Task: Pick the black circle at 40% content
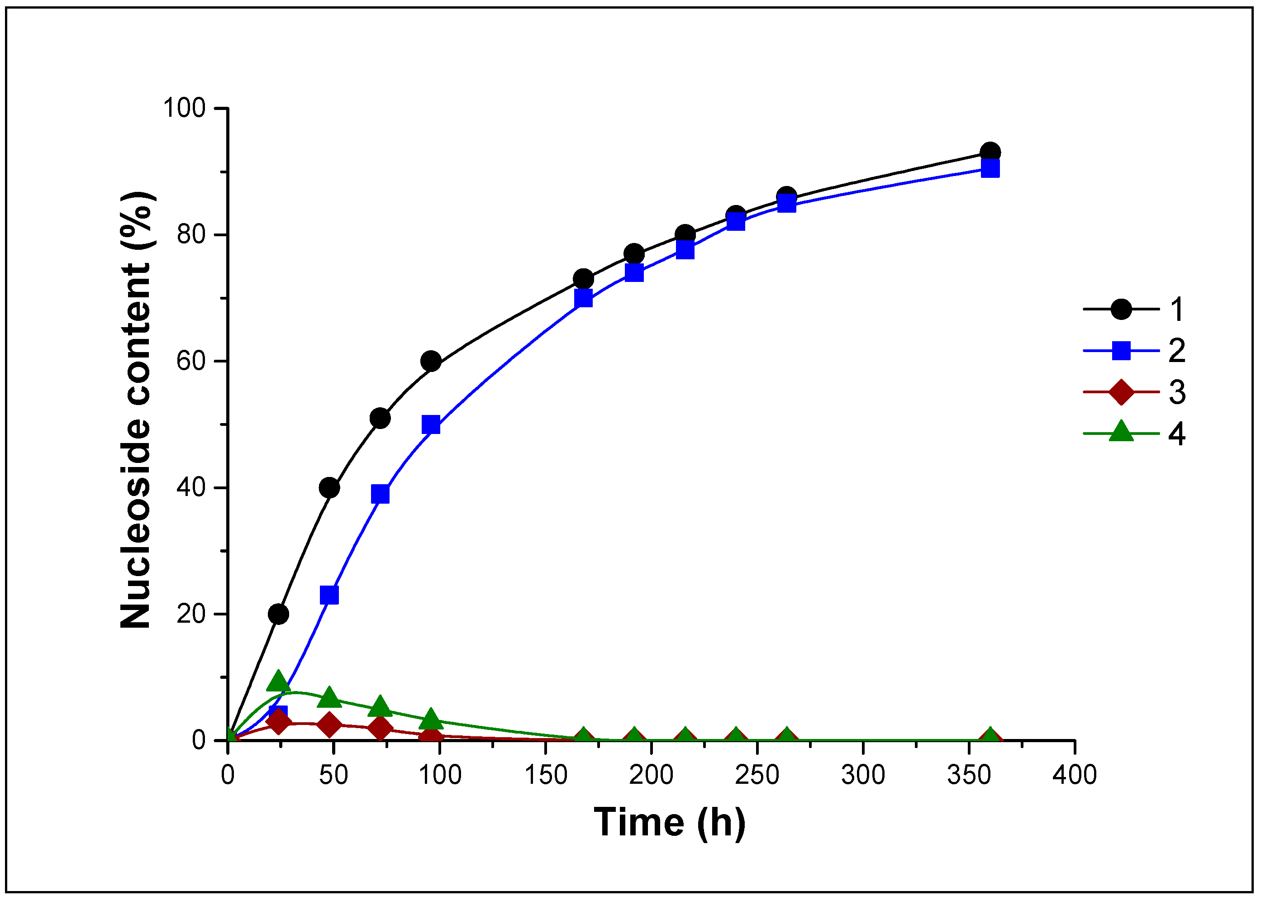point(329,488)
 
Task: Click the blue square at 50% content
point(431,425)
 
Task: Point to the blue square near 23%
point(329,595)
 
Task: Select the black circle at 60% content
point(431,362)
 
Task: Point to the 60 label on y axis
point(191,361)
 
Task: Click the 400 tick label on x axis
point(1075,774)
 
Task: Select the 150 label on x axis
point(546,774)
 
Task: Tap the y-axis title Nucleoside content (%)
point(135,410)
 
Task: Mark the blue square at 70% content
point(583,299)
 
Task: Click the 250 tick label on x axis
point(757,774)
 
